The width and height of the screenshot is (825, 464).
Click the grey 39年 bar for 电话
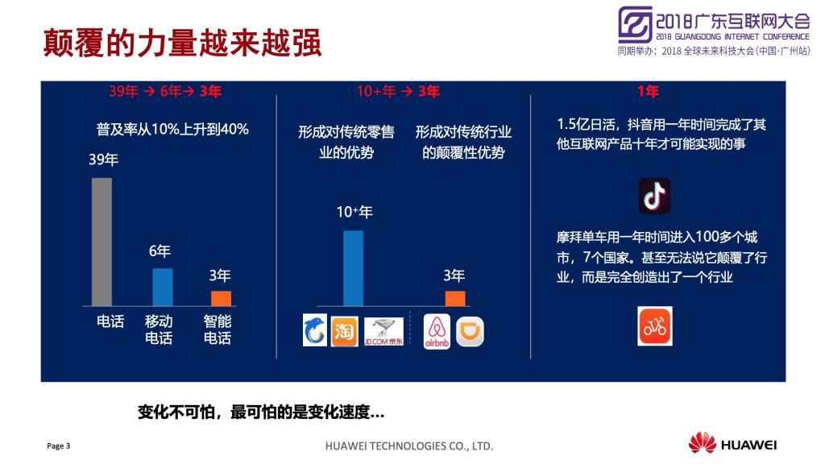[x=102, y=242]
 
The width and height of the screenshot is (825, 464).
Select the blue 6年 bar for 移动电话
[x=163, y=288]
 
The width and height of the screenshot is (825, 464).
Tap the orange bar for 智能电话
[x=221, y=298]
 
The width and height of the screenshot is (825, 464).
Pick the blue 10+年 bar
[x=353, y=268]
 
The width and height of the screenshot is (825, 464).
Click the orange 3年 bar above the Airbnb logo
[x=455, y=298]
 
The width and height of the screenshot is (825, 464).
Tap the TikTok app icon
[x=654, y=196]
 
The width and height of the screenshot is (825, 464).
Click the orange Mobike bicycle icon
[x=654, y=326]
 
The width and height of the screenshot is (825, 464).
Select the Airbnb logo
[x=437, y=331]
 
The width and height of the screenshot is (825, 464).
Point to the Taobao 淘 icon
[x=344, y=331]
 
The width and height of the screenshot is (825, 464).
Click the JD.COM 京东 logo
[x=383, y=331]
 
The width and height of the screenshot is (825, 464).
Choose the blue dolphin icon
[x=315, y=329]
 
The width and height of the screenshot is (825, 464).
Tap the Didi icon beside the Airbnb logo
[x=470, y=331]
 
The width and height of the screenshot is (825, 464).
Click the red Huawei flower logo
[x=703, y=443]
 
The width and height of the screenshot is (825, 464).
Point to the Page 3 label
[x=58, y=446]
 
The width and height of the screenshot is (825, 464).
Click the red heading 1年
[x=648, y=92]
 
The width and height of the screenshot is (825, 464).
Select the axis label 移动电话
[x=159, y=329]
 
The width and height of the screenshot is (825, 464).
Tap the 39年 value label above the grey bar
[x=103, y=159]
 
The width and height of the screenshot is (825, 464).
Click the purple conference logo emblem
[x=635, y=24]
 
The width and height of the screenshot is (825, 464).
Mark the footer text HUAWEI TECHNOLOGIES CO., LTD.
[x=408, y=446]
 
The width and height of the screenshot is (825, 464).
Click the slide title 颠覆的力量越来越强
[x=182, y=43]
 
